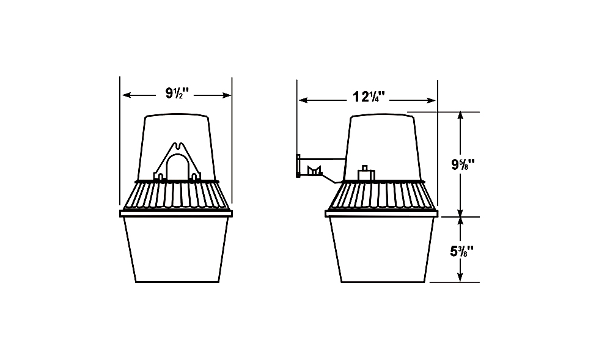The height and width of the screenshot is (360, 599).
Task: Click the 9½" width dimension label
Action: tap(177, 94)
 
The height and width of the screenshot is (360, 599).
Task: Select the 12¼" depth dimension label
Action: tap(368, 97)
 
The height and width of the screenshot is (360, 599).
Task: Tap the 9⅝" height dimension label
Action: tap(463, 164)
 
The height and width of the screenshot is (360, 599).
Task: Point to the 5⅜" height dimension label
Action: tap(461, 251)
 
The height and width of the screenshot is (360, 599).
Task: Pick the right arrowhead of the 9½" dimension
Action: tap(226, 95)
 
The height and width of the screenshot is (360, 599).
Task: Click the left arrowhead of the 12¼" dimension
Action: tap(304, 100)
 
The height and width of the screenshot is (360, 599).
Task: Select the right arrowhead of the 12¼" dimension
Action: tap(430, 100)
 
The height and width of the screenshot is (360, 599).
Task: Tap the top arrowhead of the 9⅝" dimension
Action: tap(460, 117)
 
